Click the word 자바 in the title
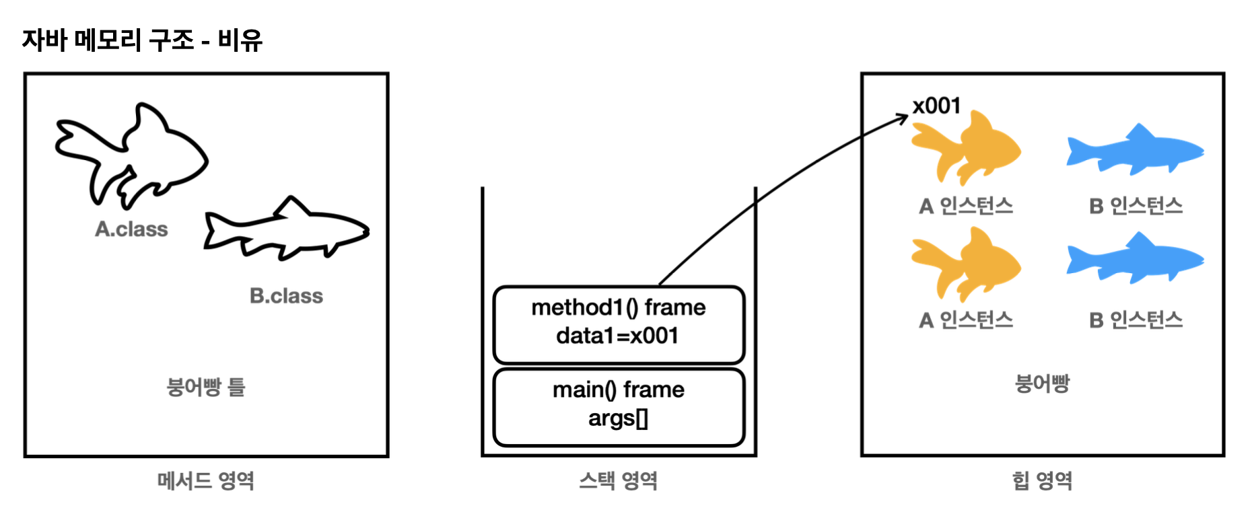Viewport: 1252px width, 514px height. (x=44, y=40)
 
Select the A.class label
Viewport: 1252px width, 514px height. (x=131, y=229)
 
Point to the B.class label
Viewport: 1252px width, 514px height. (x=286, y=296)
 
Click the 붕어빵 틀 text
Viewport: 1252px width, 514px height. (x=205, y=387)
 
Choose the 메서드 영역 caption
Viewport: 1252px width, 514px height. (x=205, y=480)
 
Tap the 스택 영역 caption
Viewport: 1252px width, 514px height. (x=618, y=480)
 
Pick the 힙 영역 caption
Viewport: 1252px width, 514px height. (x=1042, y=480)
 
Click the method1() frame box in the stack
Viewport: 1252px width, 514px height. (x=619, y=324)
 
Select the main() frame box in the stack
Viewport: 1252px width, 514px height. (x=619, y=406)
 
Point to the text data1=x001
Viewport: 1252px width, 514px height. (x=617, y=336)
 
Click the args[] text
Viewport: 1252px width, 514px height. (x=618, y=418)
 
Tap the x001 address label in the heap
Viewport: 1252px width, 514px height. (x=936, y=106)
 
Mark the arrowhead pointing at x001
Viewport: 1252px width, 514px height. (x=904, y=118)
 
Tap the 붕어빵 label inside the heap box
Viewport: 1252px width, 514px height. (x=1042, y=383)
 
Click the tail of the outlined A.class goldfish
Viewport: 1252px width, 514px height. (x=81, y=145)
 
